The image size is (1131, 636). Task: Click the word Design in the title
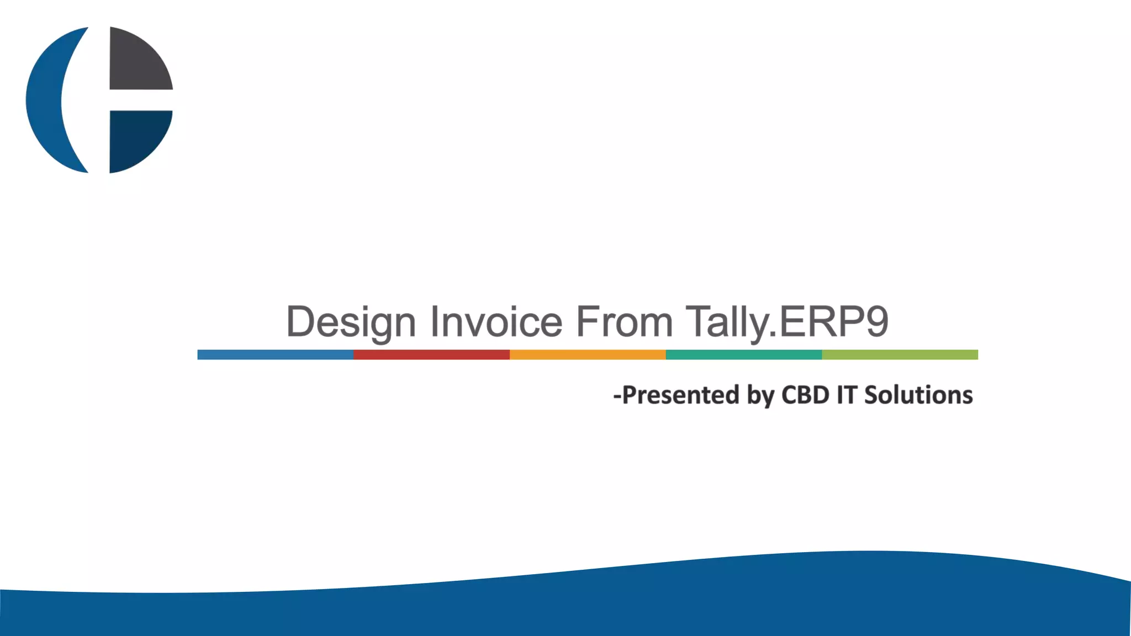click(351, 322)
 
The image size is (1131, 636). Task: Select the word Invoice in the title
click(496, 321)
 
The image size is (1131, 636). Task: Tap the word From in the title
click(624, 321)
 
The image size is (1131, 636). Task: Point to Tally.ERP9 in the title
click(787, 321)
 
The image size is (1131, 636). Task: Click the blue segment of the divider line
click(275, 354)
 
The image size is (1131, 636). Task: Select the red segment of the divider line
click(431, 354)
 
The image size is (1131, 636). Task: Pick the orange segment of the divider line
click(588, 354)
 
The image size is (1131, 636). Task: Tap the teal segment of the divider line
click(744, 354)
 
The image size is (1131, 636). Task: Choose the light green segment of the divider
click(900, 354)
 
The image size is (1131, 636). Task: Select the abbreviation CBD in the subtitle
click(805, 395)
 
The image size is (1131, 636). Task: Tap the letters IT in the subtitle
click(847, 395)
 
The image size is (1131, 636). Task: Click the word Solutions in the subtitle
click(918, 395)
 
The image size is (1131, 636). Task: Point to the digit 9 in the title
click(877, 321)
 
